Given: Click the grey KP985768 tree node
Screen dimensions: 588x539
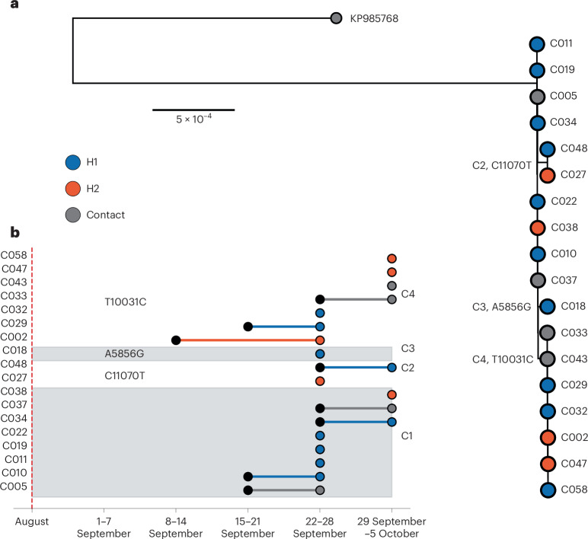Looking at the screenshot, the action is (x=337, y=18).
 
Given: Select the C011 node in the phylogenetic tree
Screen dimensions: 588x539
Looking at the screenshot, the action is (x=537, y=44).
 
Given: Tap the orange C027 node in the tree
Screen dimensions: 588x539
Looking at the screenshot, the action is (x=548, y=175).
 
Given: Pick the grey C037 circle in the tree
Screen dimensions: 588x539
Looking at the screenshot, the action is (x=538, y=280).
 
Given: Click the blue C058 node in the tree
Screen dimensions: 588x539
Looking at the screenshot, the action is (x=548, y=490).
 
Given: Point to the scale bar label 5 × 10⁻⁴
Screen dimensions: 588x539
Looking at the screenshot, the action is (x=194, y=119).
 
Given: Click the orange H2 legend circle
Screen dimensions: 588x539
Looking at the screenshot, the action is (x=73, y=189).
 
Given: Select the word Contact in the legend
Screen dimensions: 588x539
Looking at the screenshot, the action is (x=105, y=215).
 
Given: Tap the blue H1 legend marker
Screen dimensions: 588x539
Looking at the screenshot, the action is (x=73, y=162).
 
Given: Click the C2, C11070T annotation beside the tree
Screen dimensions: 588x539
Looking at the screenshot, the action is (x=502, y=165).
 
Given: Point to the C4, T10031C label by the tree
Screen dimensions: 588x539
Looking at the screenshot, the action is (x=503, y=359).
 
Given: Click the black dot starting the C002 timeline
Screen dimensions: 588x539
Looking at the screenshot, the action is (x=176, y=340).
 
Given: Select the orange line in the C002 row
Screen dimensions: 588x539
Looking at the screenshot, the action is (x=248, y=340).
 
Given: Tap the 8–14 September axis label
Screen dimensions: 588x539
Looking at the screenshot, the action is (x=175, y=527).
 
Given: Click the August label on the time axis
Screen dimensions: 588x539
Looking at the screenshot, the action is (x=32, y=521).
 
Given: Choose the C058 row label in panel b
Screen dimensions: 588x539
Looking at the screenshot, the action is (x=14, y=255).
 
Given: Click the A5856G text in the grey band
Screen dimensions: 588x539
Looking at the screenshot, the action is (x=124, y=354).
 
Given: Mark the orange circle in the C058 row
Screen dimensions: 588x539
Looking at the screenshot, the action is (x=391, y=259).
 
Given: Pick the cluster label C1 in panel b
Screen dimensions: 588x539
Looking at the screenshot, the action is (x=407, y=436).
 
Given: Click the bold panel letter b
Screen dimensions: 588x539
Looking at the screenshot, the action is (x=14, y=232).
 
